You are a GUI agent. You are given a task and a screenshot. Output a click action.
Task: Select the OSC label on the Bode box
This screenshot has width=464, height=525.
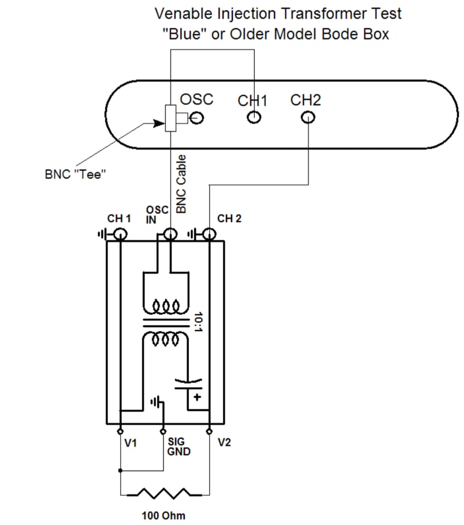point(196,99)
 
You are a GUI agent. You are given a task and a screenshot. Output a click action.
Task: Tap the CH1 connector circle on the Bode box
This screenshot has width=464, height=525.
point(253,118)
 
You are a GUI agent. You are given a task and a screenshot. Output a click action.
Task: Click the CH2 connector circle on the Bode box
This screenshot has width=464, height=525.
point(307,118)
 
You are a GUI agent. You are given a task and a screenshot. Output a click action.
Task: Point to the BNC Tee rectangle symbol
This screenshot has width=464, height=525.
point(170,118)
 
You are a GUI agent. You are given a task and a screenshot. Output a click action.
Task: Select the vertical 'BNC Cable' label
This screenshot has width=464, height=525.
point(181,183)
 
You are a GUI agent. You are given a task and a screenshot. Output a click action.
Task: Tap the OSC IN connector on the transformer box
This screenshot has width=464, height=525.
point(170,234)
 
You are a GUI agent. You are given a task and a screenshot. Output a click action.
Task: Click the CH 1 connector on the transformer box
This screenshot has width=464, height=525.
point(120,234)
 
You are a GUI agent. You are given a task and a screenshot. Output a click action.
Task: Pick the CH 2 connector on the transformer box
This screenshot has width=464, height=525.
point(209,234)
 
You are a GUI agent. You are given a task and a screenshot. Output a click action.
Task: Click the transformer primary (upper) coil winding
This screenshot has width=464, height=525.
point(166,306)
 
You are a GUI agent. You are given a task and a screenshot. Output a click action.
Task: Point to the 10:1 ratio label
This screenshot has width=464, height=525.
point(199,320)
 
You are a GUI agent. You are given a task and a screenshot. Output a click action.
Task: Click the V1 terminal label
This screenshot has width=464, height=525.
point(131,443)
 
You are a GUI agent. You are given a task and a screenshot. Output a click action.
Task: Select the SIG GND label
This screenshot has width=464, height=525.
point(178,446)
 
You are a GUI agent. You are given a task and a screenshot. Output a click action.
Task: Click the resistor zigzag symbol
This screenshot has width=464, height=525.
point(164,494)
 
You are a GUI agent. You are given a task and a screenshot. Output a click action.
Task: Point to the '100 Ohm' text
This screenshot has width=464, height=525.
point(164,515)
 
